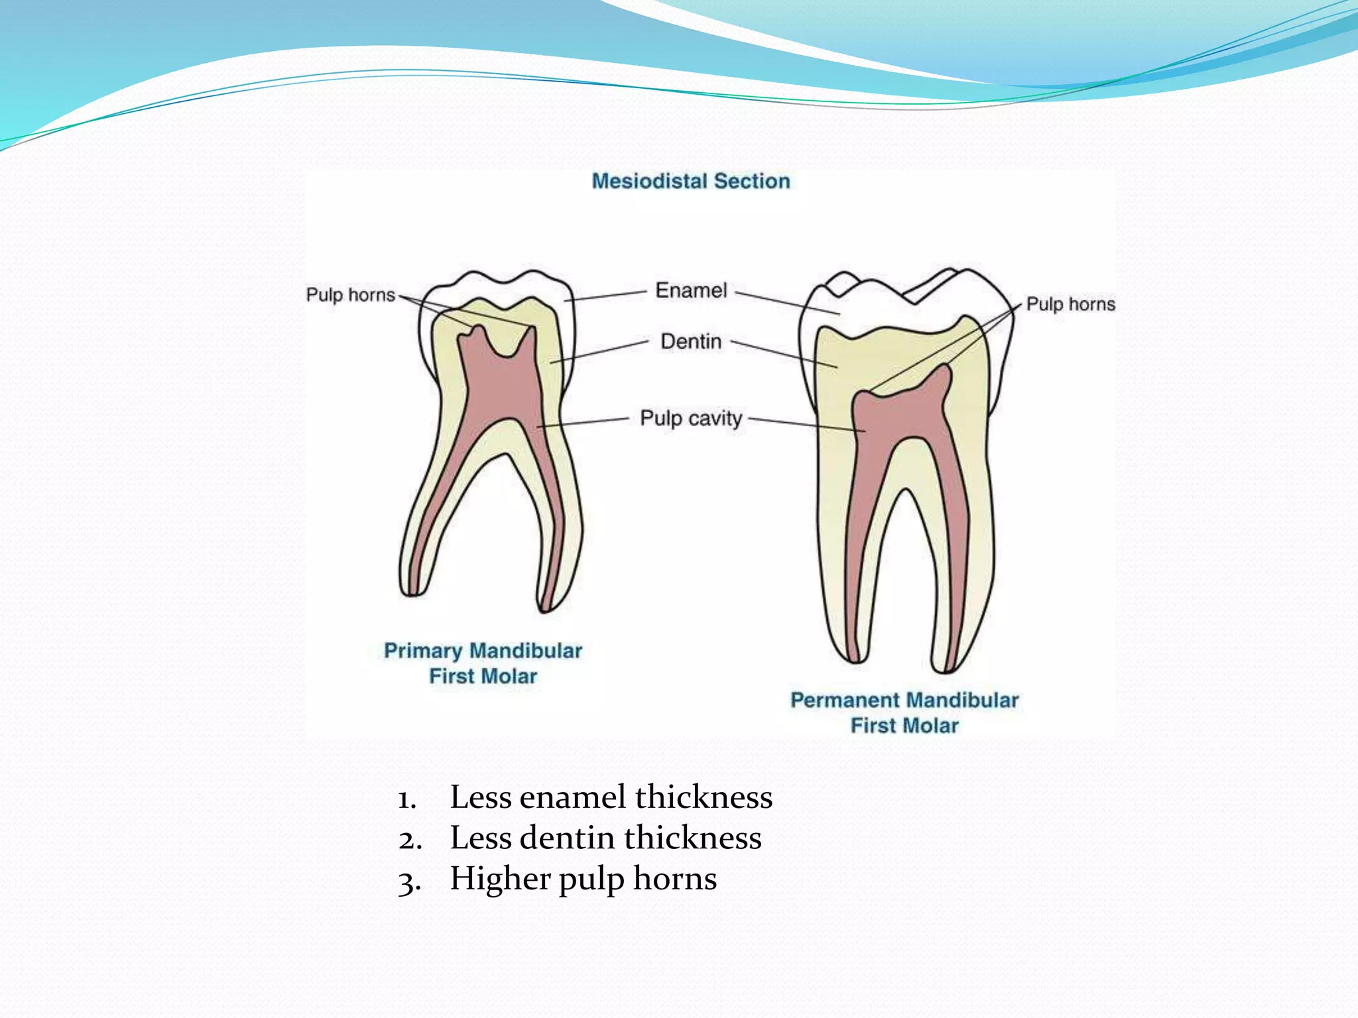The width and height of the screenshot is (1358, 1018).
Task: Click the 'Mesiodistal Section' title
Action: [x=690, y=181]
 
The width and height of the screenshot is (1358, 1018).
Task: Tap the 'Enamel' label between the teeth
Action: [x=691, y=290]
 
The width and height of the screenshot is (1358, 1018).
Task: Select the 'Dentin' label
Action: [x=691, y=341]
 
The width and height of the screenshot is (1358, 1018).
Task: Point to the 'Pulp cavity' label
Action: [x=691, y=418]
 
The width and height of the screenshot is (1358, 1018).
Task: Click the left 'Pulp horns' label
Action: [x=350, y=294]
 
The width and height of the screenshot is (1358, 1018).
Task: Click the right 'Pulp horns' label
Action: [x=1070, y=304]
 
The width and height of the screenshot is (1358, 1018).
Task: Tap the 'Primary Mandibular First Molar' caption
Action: [x=483, y=663]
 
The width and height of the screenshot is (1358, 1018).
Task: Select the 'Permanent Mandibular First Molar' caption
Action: [x=904, y=712]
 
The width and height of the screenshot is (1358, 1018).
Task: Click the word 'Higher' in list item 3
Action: [x=500, y=879]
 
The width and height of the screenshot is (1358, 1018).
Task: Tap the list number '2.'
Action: [x=410, y=840]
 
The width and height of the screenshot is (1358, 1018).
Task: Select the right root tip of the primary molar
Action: [x=548, y=604]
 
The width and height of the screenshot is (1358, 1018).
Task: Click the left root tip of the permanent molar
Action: [x=854, y=656]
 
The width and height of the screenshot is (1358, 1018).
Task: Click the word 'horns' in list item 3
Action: [x=675, y=879]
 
